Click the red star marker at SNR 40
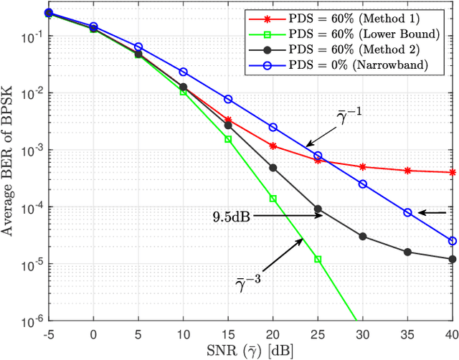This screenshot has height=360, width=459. pyautogui.click(x=452, y=172)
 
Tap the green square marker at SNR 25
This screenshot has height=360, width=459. pyautogui.click(x=318, y=259)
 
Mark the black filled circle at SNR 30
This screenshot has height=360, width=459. pyautogui.click(x=363, y=236)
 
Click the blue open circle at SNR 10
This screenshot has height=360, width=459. pyautogui.click(x=184, y=72)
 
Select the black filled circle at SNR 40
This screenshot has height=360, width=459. pyautogui.click(x=452, y=259)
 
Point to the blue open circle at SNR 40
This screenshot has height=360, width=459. pyautogui.click(x=452, y=241)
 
